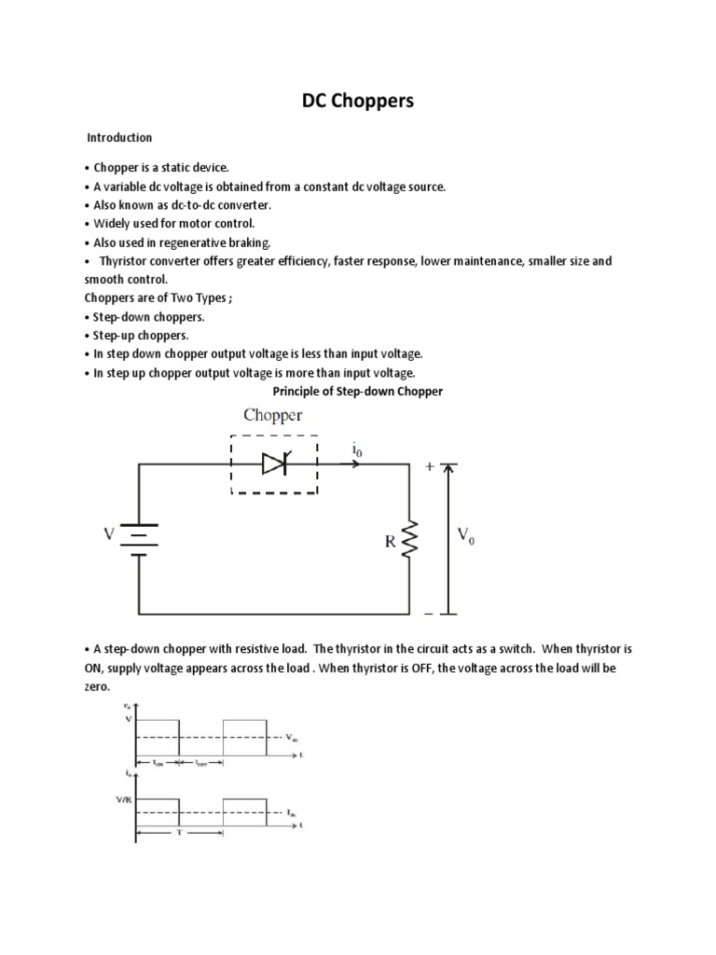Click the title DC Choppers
357,101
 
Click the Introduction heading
119,138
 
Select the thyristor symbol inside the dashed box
274,464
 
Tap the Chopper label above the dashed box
273,416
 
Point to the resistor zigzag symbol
408,539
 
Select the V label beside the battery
109,534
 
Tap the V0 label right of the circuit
465,535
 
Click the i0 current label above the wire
357,450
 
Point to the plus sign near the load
429,467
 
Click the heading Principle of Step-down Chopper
357,392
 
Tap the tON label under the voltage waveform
158,763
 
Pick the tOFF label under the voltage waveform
201,763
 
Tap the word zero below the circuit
97,686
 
